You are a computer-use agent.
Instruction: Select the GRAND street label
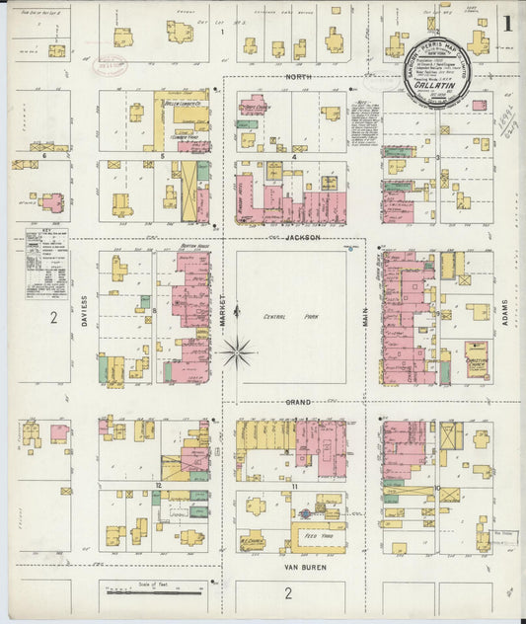298,402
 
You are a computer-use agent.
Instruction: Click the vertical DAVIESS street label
85,311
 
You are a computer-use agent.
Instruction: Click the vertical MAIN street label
364,317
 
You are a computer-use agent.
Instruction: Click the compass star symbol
238,351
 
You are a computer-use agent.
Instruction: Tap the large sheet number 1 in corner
507,24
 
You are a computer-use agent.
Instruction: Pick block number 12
158,486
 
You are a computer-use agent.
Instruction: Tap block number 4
294,156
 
